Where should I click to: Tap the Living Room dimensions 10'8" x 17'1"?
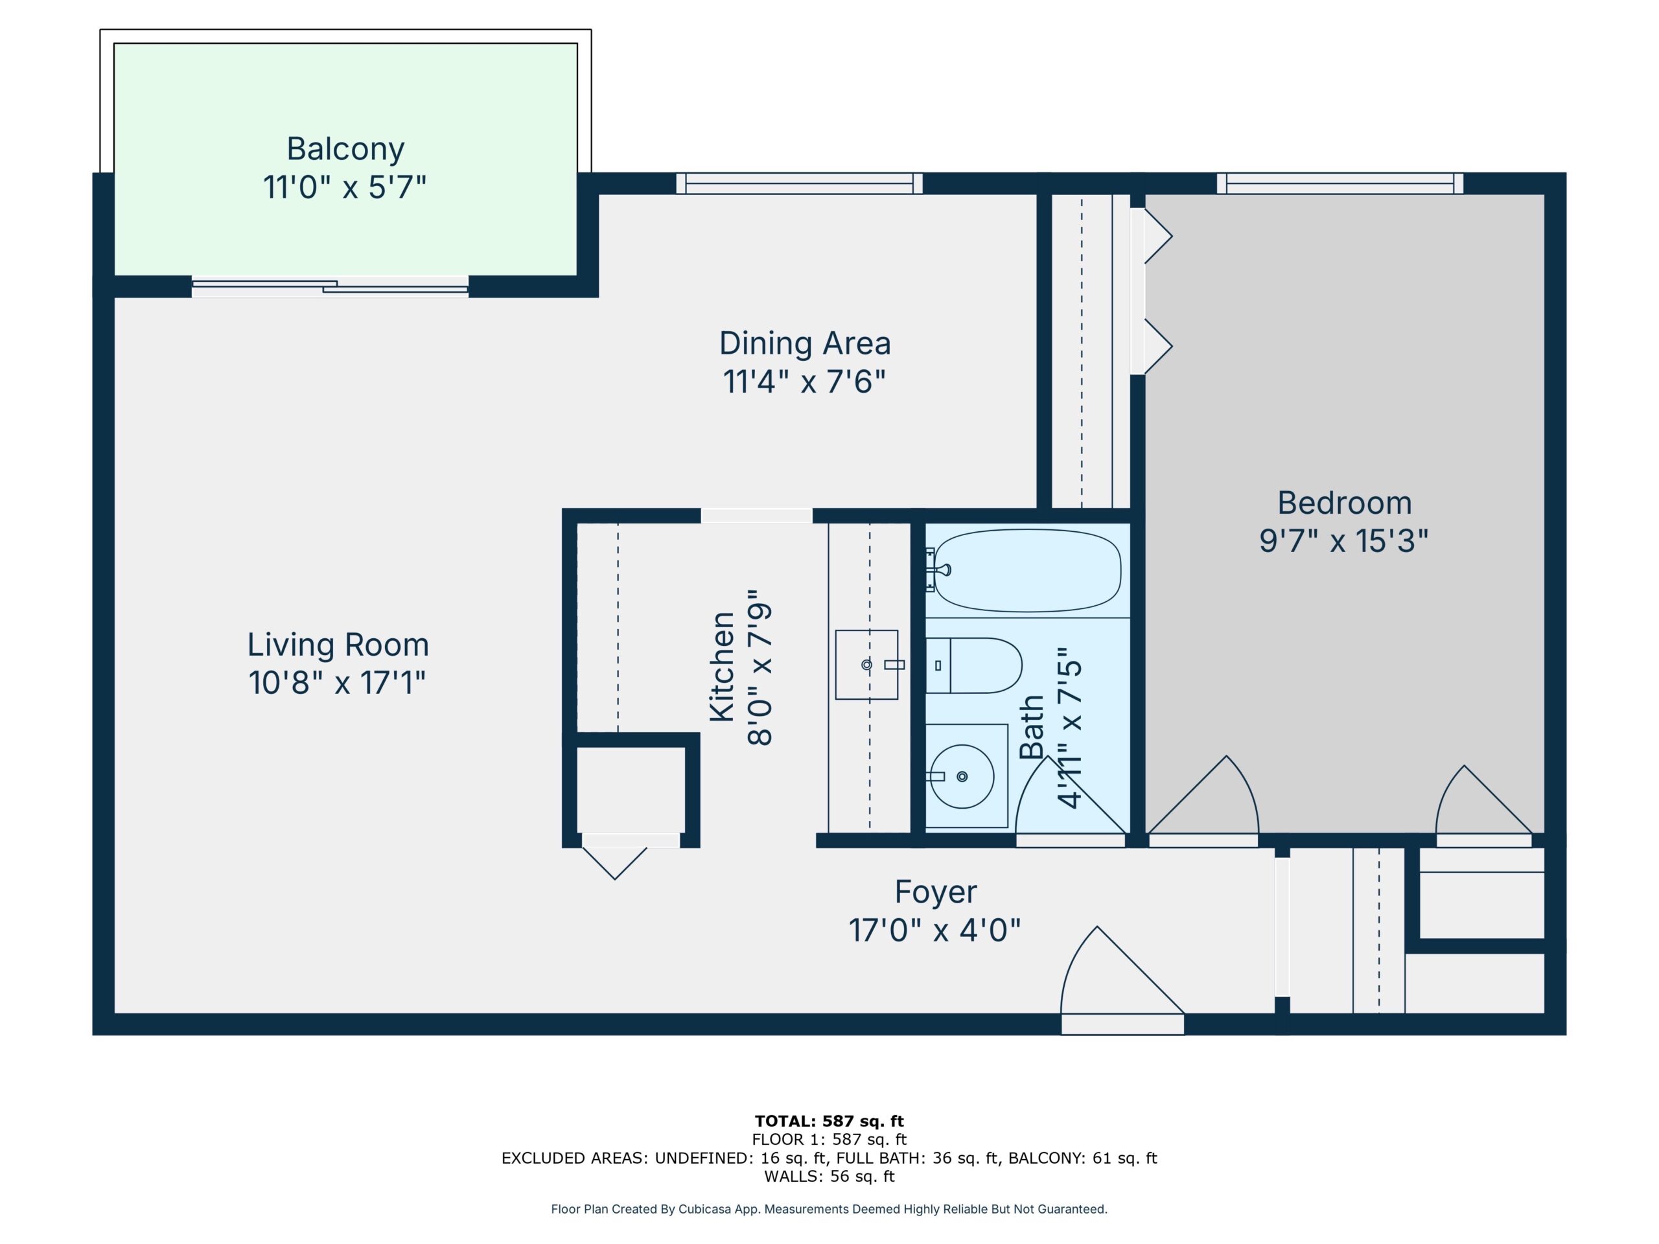337,683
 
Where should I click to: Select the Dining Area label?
805,343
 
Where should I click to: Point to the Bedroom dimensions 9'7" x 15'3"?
1343,540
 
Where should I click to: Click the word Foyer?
935,892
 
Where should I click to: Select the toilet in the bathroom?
973,665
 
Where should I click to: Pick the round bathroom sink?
962,777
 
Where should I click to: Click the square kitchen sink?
866,664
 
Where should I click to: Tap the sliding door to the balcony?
330,286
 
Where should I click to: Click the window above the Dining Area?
800,184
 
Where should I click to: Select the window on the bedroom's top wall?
1340,184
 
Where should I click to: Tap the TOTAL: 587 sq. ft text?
829,1121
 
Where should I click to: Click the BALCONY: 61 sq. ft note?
1082,1158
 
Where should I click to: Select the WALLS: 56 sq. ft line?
829,1177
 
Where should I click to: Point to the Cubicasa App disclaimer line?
829,1209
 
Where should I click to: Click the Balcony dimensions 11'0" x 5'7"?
344,187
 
